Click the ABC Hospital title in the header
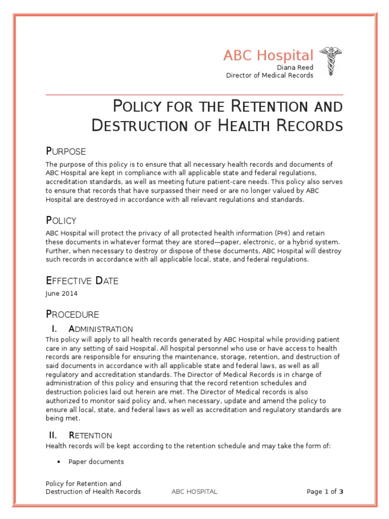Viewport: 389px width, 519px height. [268, 55]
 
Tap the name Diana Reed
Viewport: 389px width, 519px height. [295, 67]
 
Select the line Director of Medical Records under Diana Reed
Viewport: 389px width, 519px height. [269, 76]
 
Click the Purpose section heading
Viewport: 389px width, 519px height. [66, 151]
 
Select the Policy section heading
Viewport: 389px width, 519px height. [61, 220]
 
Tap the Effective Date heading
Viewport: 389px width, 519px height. [82, 281]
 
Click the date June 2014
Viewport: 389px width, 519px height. [62, 293]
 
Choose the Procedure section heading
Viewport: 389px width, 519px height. [72, 314]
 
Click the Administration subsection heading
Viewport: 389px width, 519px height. [101, 329]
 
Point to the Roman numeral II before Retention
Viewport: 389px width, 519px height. [53, 435]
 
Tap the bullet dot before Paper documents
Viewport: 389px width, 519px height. [59, 462]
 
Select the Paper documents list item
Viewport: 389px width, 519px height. [96, 462]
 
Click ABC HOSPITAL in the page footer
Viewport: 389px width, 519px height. [194, 492]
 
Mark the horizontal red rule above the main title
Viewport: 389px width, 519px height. [194, 95]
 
